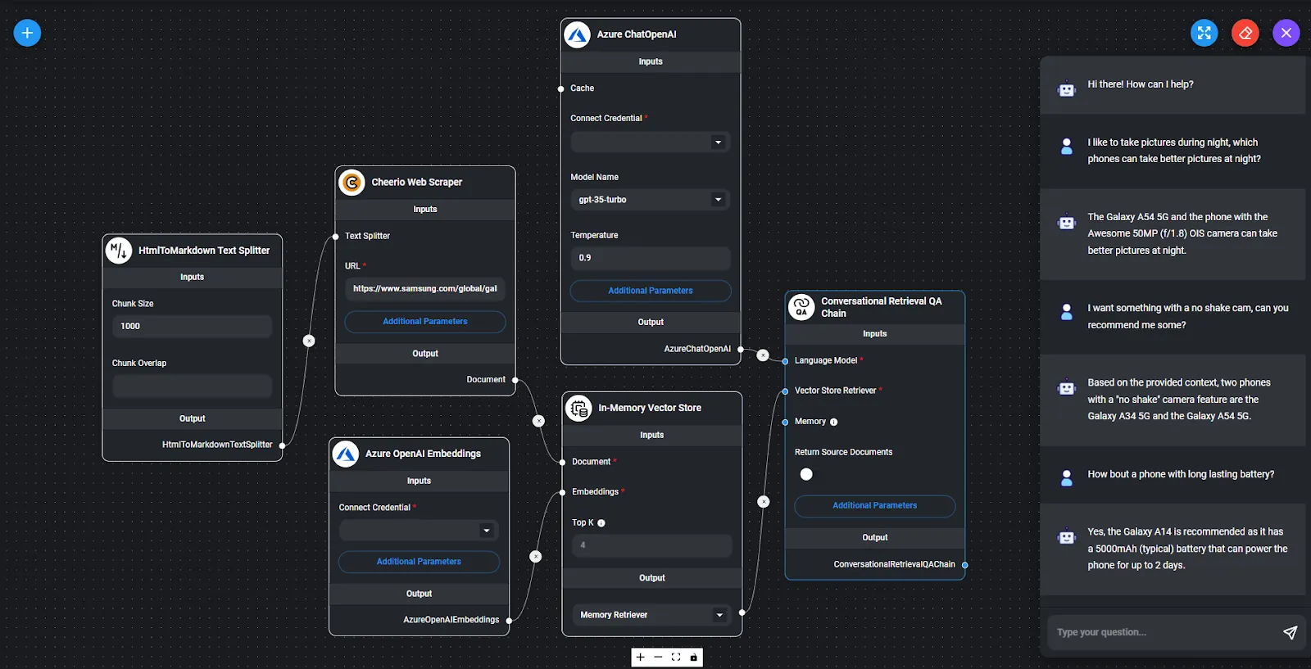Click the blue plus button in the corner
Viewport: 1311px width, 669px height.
tap(27, 33)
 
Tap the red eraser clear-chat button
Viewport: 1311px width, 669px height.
tap(1245, 33)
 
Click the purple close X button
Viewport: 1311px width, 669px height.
tap(1286, 33)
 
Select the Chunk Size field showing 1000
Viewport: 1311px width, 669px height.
tap(192, 327)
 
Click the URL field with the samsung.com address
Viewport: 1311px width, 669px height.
tap(425, 288)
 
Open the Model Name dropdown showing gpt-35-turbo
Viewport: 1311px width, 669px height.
tap(651, 200)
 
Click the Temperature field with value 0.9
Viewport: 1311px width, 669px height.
tap(651, 258)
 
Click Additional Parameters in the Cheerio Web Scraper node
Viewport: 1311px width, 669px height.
tap(425, 322)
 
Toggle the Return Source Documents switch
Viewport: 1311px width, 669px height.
tap(806, 474)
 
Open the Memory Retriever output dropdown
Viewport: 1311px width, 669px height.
tap(652, 615)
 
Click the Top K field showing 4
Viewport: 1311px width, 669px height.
tap(652, 545)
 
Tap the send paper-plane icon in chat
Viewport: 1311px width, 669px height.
tap(1290, 632)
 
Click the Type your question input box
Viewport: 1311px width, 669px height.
tap(1164, 632)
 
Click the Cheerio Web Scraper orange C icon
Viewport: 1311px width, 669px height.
tap(352, 183)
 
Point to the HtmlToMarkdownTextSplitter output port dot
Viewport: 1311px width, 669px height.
tap(282, 445)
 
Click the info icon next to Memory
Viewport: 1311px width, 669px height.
tap(834, 423)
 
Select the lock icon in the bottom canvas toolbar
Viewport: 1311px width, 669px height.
tap(693, 658)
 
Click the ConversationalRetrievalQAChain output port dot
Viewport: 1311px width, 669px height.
tap(965, 565)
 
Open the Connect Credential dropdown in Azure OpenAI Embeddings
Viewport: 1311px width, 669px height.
tap(419, 531)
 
